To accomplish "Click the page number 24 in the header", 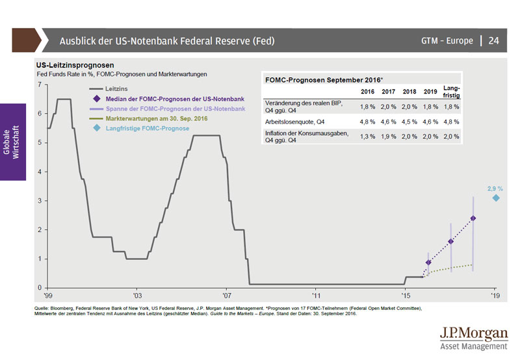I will pos(493,41).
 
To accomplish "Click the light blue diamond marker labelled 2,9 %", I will pos(496,198).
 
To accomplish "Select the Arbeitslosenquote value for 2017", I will pos(389,122).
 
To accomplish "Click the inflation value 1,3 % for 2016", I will pos(367,137).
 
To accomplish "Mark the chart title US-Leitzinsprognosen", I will pos(76,66).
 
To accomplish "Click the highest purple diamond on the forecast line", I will pos(473,218).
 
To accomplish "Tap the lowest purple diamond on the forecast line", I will pos(428,263).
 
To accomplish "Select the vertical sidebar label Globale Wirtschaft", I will pos(12,142).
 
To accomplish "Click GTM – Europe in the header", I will pos(447,41).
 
